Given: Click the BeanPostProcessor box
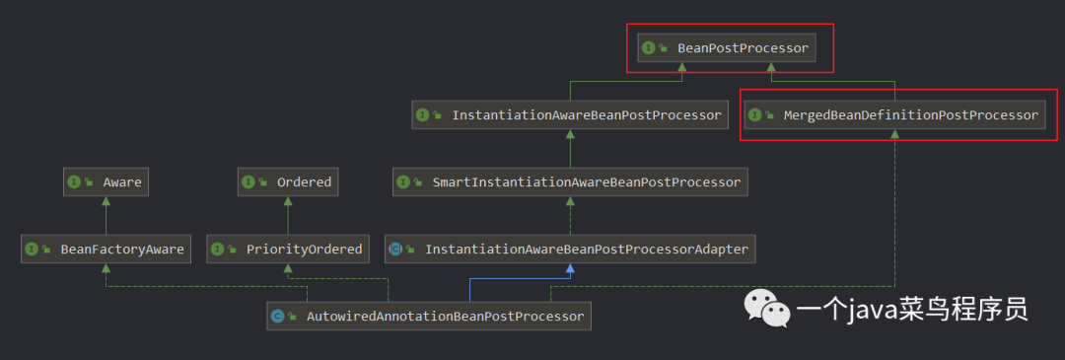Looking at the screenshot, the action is (726, 48).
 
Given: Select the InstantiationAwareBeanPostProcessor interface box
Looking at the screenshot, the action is (571, 115).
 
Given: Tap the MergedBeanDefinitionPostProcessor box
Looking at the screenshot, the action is (895, 115).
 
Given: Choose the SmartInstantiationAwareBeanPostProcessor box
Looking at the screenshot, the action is (571, 182).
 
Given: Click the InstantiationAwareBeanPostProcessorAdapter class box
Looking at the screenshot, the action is (571, 250).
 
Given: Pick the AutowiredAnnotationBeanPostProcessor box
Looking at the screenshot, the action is (429, 316).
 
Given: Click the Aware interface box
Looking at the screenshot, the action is (106, 182).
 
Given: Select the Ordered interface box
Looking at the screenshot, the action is (287, 182).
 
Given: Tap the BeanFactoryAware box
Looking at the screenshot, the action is (106, 250).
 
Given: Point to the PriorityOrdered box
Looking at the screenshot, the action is (287, 250).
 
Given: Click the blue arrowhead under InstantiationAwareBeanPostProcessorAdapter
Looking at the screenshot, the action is (571, 268).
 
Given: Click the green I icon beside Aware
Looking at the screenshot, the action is (73, 182).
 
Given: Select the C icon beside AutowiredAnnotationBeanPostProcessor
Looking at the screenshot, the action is (277, 316).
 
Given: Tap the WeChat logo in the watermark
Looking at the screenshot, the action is (767, 308).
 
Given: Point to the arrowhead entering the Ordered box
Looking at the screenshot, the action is (287, 201).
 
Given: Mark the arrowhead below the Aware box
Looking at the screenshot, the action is (106, 201).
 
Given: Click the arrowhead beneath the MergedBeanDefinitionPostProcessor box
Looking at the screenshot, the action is (895, 134).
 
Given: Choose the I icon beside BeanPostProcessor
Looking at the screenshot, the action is (648, 48).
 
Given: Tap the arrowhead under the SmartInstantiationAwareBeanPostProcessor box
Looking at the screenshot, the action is (571, 201).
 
